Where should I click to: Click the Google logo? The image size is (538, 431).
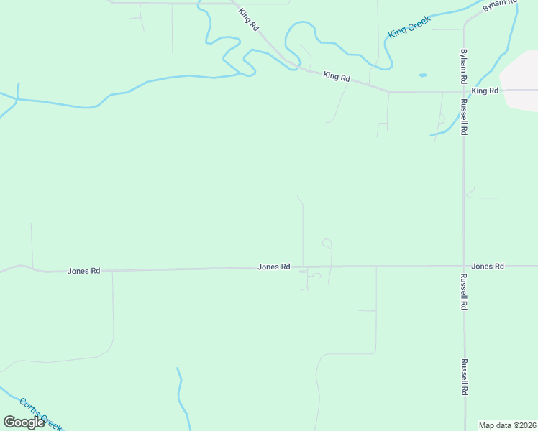point(24,422)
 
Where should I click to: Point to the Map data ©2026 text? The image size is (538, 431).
point(507,425)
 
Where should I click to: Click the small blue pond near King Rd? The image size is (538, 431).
point(422,75)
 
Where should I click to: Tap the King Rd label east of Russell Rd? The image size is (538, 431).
point(485,91)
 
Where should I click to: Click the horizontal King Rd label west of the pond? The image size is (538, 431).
point(336,75)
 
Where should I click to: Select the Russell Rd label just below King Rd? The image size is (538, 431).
point(465,118)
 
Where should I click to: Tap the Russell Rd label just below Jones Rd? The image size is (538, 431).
point(465,292)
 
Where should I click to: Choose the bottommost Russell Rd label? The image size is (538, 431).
point(465,377)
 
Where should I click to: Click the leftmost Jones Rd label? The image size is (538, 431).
point(83,271)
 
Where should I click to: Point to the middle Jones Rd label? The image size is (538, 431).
point(273,267)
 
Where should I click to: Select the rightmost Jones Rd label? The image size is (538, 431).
point(488,266)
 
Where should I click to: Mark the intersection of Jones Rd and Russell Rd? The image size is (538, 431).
point(464,266)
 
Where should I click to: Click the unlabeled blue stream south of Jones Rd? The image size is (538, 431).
point(183,399)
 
